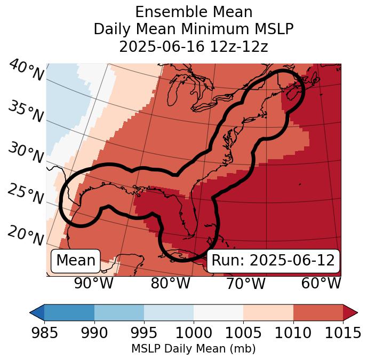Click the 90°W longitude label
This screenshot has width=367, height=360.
93,283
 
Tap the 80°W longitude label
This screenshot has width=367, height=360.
170,283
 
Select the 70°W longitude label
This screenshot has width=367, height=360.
245,283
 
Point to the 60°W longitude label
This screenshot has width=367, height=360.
321,283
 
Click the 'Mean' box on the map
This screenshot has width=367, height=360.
76,261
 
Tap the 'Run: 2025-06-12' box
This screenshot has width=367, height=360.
273,261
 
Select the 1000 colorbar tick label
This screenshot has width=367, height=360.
194,333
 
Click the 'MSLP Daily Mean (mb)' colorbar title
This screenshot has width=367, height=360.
194,349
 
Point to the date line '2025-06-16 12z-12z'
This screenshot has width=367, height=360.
194,46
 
